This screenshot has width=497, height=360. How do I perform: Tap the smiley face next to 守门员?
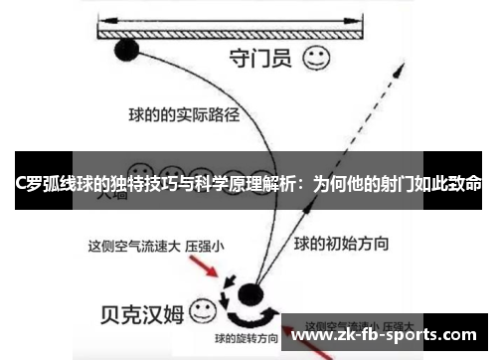316,59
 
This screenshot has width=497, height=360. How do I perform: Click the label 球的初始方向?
341,243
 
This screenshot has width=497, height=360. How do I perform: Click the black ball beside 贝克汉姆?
249,294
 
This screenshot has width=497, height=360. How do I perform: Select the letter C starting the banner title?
22,183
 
